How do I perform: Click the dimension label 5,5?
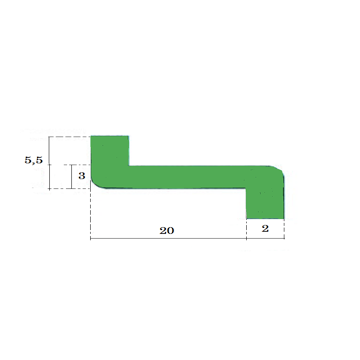[34, 160]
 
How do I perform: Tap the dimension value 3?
[82, 176]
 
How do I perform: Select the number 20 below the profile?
[167, 231]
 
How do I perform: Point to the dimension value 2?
[265, 229]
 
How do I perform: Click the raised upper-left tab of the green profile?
[110, 151]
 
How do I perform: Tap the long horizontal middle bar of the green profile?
[187, 177]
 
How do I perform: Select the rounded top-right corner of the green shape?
[279, 169]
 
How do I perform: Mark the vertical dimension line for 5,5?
[49, 163]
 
